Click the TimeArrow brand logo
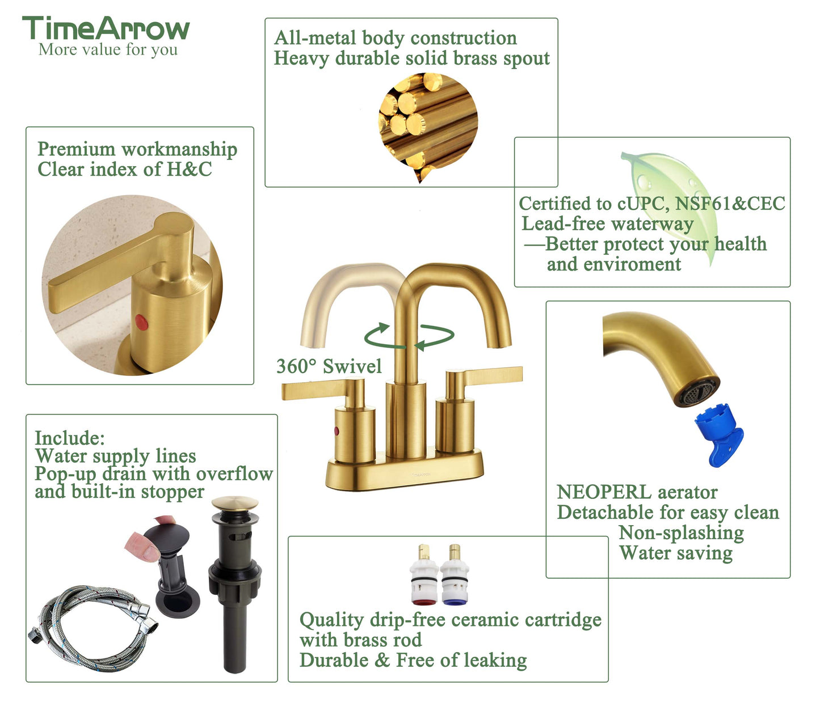point(106,28)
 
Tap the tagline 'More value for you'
point(108,50)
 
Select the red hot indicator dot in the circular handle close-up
point(141,322)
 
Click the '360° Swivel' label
point(329,366)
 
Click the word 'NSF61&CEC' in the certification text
point(730,204)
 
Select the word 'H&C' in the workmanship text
point(189,169)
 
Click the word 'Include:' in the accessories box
point(70,438)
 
